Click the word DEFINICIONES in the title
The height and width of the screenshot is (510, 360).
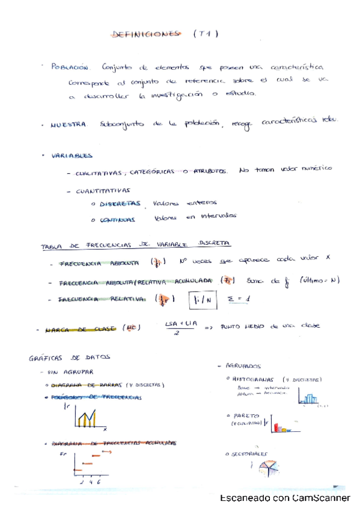(146, 35)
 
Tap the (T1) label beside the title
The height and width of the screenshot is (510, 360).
(205, 35)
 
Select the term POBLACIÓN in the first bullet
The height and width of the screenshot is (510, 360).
(71, 67)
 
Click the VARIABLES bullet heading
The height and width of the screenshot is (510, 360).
(72, 155)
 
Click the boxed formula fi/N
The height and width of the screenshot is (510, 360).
(201, 300)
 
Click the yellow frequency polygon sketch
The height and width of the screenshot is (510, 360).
(87, 417)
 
